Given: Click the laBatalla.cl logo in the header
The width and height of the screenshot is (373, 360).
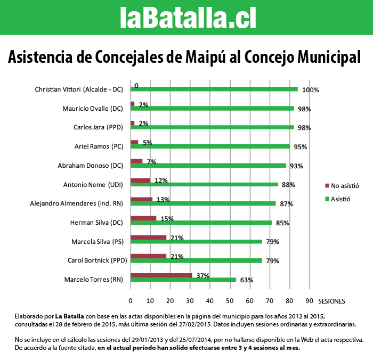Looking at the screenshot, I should coord(187,18).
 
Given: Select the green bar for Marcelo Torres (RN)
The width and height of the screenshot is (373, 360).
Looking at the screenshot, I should coord(183,280).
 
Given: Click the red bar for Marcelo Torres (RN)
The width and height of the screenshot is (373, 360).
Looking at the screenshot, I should coord(161,275).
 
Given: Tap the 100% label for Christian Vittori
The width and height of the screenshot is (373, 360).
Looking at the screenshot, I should coord(310,90).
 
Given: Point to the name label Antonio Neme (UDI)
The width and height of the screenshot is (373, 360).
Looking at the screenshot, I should coord(93,185).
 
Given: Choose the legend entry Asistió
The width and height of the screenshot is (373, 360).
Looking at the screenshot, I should coord(340,199).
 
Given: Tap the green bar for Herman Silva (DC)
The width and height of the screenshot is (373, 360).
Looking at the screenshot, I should coord(201,223).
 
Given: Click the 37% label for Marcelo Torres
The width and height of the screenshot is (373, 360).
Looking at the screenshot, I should coord(202,276).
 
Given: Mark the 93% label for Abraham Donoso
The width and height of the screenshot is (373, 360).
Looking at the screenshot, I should coord(296,166).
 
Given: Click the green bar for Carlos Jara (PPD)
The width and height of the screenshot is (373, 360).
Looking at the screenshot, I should coord(212,127).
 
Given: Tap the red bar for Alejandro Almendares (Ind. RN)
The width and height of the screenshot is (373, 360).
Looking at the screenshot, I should coord(141,199).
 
